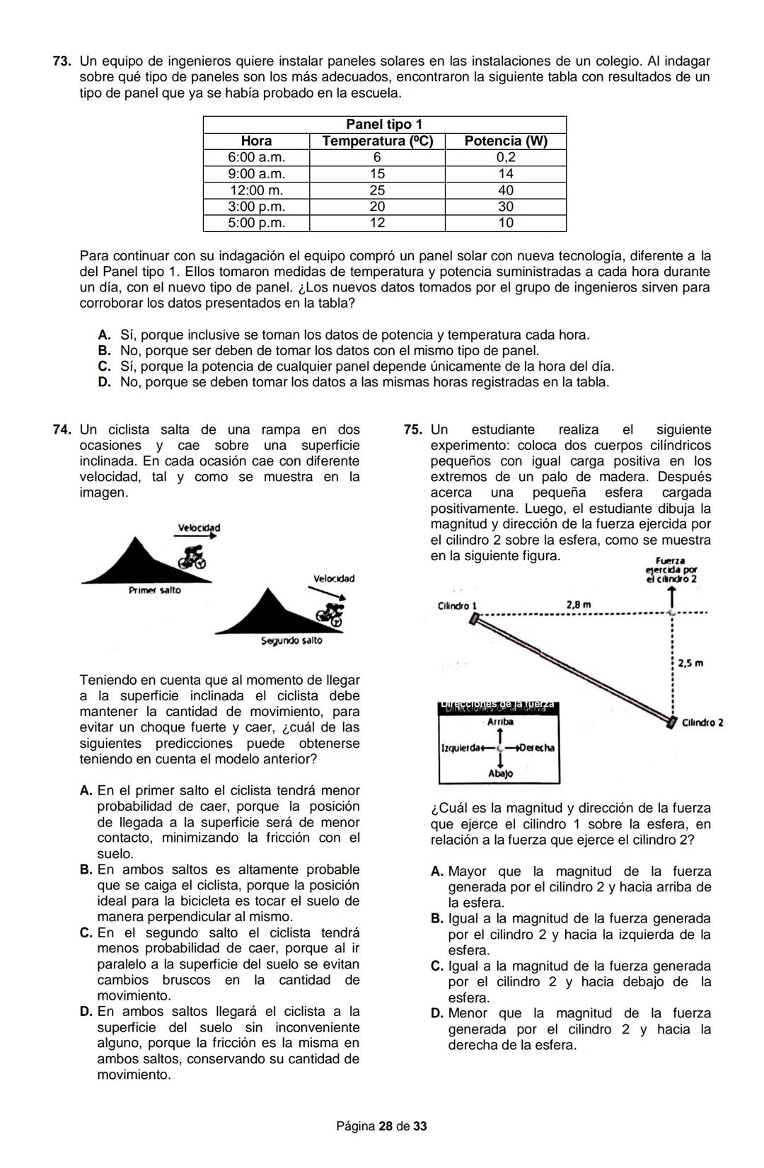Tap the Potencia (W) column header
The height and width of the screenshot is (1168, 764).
(505, 141)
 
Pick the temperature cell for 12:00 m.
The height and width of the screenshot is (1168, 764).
(377, 190)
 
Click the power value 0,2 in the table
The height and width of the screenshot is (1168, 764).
(505, 157)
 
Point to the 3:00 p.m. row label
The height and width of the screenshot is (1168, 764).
(256, 207)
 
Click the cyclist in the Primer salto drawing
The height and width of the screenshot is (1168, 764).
(190, 557)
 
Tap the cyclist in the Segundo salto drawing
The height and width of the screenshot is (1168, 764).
(330, 613)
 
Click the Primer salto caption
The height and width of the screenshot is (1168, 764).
(154, 590)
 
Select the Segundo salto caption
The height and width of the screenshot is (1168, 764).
(291, 640)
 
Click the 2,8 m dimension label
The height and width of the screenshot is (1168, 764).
(579, 605)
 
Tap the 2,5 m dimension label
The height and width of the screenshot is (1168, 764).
(690, 664)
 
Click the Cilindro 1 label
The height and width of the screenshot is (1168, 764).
(457, 606)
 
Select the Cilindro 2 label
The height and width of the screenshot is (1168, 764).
(702, 722)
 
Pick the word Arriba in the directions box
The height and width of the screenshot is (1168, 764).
(500, 722)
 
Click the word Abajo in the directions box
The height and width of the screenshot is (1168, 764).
(500, 774)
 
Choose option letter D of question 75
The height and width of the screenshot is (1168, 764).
(437, 1014)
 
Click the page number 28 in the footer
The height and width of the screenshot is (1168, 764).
(386, 1126)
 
